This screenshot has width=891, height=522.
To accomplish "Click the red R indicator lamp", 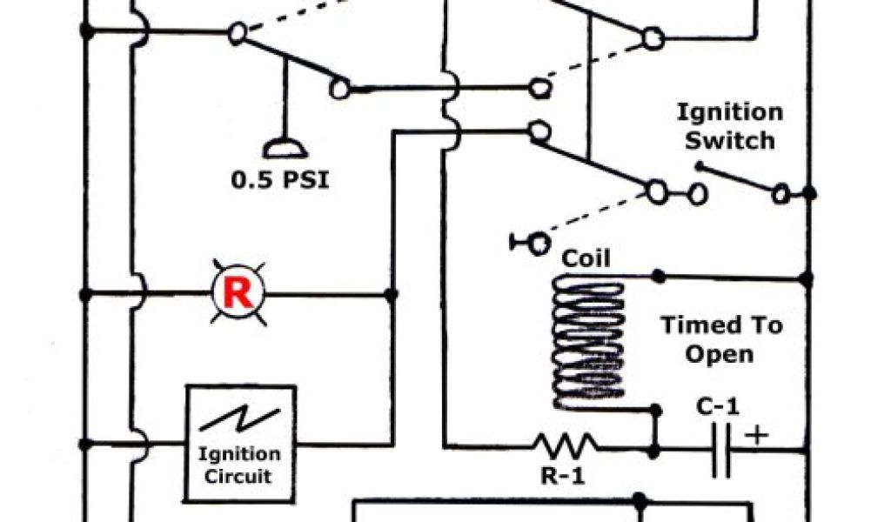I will click(238, 294).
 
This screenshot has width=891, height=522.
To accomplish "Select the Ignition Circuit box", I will click(238, 444).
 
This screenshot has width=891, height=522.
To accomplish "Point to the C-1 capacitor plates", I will click(720, 450).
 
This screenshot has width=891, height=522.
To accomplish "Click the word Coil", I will click(586, 258).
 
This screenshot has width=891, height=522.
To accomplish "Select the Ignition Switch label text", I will click(730, 126).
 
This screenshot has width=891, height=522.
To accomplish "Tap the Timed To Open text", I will click(720, 339).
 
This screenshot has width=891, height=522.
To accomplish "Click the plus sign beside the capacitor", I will click(758, 434).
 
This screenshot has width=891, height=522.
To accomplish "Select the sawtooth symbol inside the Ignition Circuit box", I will click(238, 419).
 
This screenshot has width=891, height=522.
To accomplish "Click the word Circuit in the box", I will click(238, 476).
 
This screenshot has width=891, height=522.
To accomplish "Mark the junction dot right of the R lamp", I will click(391, 294).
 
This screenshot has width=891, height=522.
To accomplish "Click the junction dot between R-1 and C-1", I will click(653, 451).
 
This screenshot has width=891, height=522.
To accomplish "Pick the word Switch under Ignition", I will click(730, 140).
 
